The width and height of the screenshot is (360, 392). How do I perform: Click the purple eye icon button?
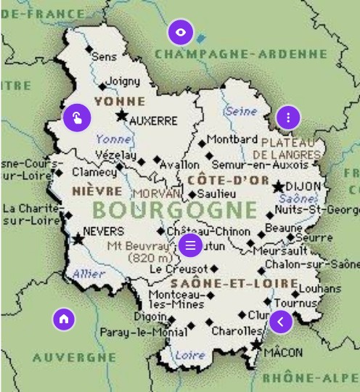[x=181, y=33]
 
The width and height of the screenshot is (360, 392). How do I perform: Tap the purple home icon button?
[x=64, y=318]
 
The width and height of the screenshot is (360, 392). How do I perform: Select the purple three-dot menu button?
[x=288, y=117]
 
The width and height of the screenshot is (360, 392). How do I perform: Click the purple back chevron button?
[x=281, y=321]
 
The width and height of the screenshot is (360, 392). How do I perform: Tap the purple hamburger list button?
[x=190, y=245]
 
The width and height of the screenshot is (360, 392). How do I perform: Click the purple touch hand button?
[x=76, y=118]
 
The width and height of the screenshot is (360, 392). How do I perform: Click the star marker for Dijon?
[x=278, y=187]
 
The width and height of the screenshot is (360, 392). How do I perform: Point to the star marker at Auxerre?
[x=121, y=115]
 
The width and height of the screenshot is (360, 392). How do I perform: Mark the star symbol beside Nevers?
[x=78, y=238]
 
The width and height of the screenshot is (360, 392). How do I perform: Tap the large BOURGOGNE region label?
[x=175, y=211]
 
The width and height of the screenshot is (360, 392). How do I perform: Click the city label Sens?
[x=105, y=56]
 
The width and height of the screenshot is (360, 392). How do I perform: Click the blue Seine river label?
[x=241, y=111]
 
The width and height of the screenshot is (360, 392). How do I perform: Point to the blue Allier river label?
[x=89, y=274]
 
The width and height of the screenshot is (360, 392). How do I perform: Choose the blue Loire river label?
[x=190, y=355]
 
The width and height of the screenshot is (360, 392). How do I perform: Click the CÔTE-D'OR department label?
[x=227, y=179]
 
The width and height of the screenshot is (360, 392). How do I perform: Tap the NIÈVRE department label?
[x=97, y=191]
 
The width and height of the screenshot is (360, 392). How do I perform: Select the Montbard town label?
[x=232, y=139]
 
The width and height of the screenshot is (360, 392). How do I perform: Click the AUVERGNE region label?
[x=74, y=357]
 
